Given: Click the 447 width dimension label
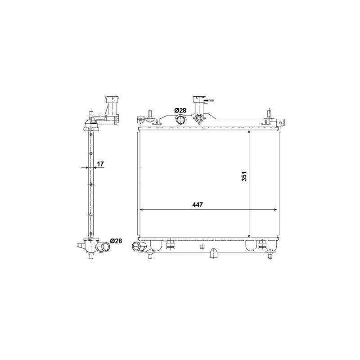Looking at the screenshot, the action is click(198, 205).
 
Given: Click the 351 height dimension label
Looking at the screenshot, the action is click(244, 176).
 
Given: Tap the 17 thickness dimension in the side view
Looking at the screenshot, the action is click(100, 164).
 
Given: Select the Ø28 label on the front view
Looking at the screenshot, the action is click(180, 110).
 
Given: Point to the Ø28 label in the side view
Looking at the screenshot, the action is click(116, 241).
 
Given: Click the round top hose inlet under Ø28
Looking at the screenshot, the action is click(181, 119).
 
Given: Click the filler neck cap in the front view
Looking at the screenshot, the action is click(199, 99).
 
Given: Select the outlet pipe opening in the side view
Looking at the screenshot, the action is click(106, 247).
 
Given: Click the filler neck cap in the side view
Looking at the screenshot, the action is click(112, 99).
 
